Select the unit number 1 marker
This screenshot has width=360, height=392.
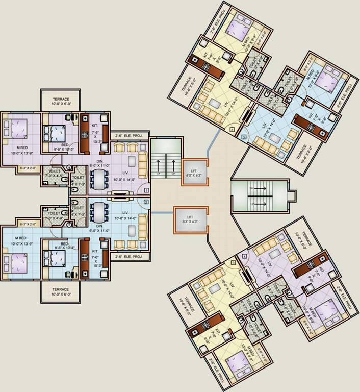coord(146,190)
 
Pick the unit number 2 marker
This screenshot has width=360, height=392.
coord(146,202)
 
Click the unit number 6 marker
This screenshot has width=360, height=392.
coord(232,130)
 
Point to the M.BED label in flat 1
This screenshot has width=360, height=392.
coord(21,146)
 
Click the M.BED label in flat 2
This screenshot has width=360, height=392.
coord(21,238)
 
